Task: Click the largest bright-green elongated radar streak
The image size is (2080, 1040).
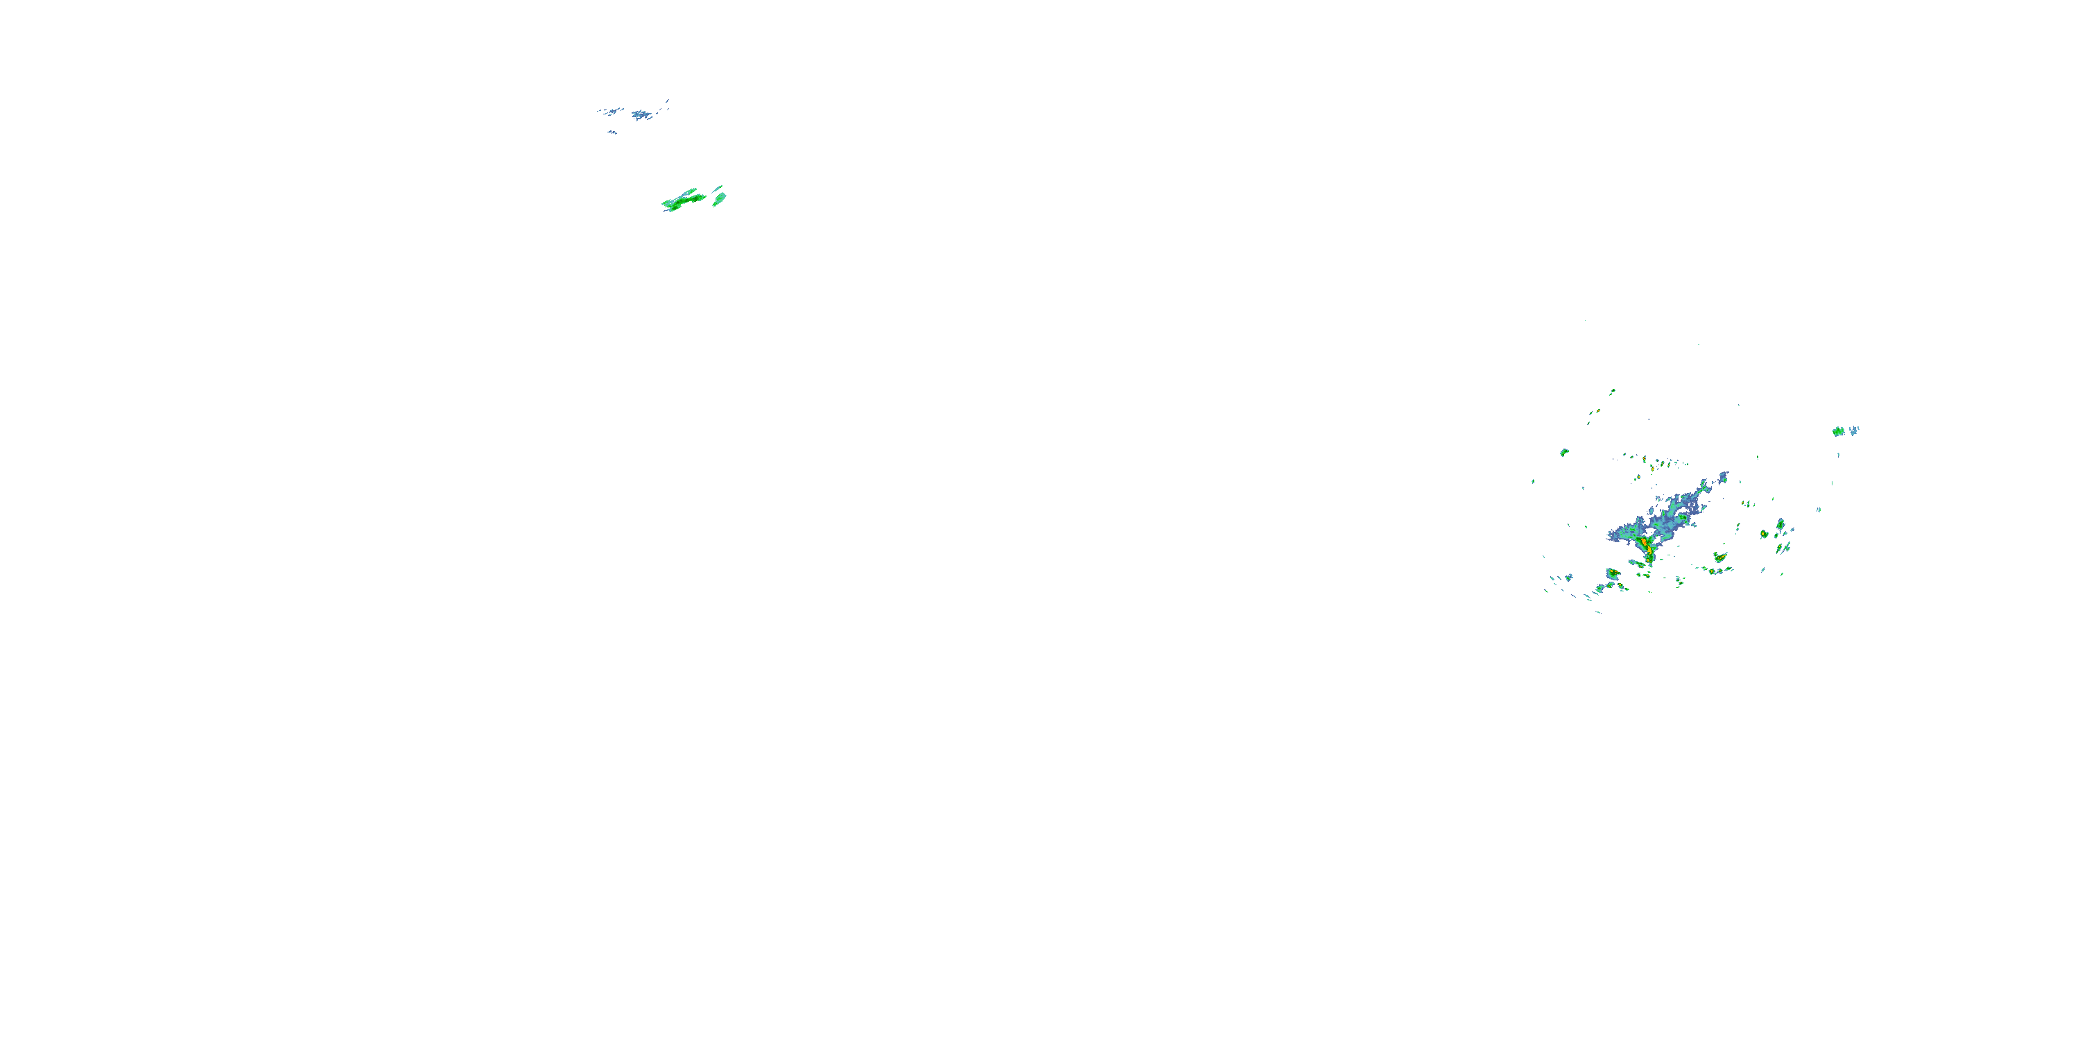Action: click(x=683, y=200)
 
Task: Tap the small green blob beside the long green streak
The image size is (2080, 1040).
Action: click(x=718, y=197)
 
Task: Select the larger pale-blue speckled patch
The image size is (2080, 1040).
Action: click(x=643, y=114)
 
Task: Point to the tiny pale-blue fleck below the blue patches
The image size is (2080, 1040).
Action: click(x=613, y=132)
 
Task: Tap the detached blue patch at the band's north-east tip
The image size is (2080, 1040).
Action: click(x=1722, y=477)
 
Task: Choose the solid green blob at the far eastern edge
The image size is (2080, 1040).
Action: click(x=1839, y=431)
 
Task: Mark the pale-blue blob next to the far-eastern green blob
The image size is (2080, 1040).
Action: click(x=1854, y=431)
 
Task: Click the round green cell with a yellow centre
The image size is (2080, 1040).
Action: click(x=1765, y=535)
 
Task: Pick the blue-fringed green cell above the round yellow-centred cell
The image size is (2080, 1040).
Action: click(x=1780, y=525)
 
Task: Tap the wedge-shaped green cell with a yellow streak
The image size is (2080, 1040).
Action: click(x=1721, y=557)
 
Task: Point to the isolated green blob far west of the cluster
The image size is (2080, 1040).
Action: click(x=1564, y=452)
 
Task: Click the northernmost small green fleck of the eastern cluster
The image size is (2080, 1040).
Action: click(x=1613, y=392)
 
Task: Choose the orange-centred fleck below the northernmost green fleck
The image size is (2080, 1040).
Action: click(x=1598, y=412)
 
